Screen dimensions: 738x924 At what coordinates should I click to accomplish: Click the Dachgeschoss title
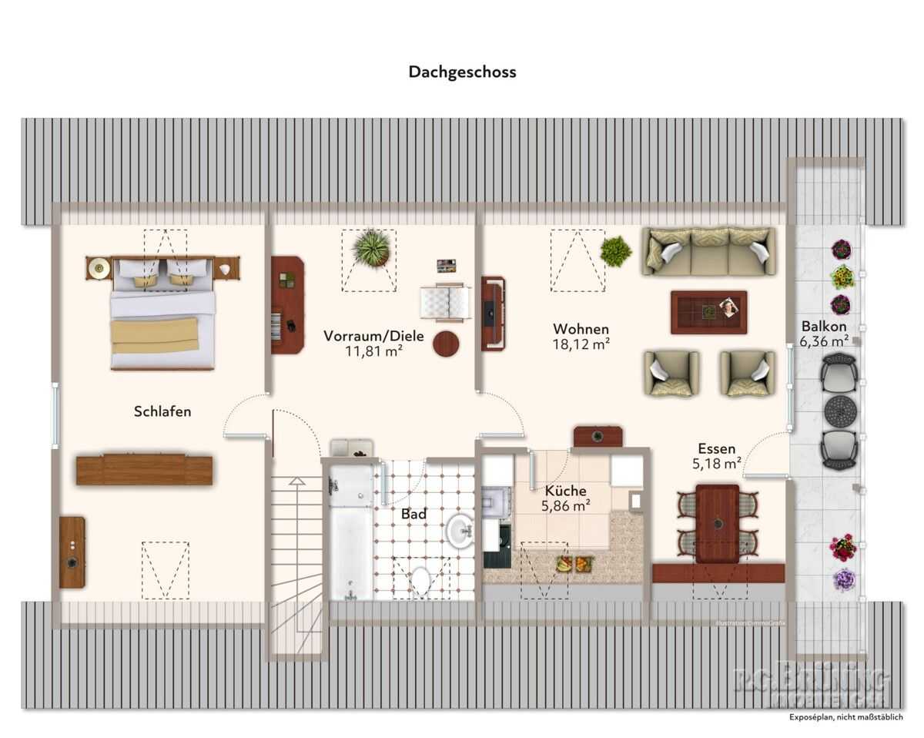(x=462, y=72)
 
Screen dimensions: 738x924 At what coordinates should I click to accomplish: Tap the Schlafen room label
(x=162, y=411)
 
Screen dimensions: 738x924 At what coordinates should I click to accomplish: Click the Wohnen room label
(x=581, y=329)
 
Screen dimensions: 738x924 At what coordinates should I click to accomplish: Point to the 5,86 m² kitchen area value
(x=566, y=505)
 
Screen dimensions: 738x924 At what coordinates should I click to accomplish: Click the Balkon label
(x=824, y=325)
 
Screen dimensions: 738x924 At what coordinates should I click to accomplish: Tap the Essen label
(x=716, y=448)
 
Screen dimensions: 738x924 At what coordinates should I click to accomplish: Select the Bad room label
(x=413, y=514)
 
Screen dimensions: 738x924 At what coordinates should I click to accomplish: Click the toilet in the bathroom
(x=420, y=579)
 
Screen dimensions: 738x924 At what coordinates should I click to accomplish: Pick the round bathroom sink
(x=460, y=531)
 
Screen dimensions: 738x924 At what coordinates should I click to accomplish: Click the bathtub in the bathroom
(x=351, y=532)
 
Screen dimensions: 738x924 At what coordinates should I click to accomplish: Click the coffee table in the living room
(x=708, y=312)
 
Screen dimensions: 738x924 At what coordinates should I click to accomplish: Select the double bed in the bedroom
(x=162, y=312)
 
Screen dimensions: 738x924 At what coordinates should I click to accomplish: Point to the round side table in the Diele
(x=446, y=344)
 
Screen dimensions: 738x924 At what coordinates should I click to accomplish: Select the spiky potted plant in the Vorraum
(x=371, y=249)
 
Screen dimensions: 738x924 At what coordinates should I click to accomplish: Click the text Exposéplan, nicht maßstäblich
(x=845, y=717)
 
